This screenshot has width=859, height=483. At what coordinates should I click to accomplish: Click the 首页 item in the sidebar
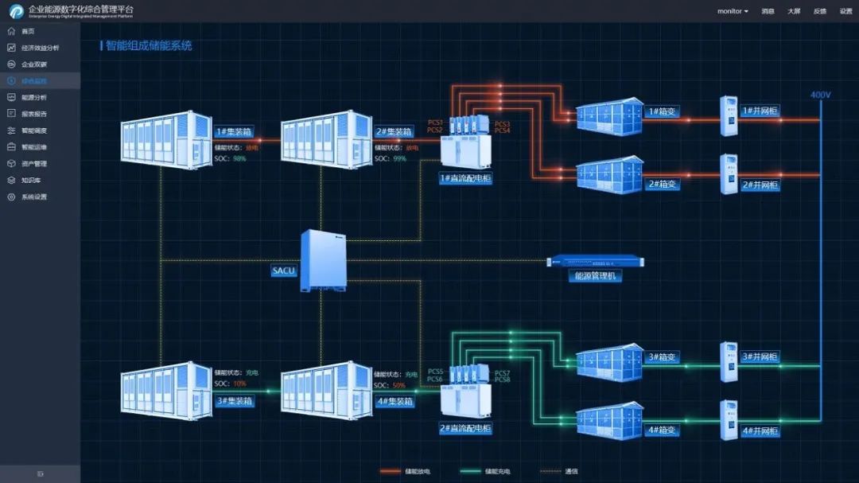coord(28,31)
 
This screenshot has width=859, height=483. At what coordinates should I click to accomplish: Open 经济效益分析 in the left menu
coord(40,48)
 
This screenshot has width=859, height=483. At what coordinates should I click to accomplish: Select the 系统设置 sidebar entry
coord(33,197)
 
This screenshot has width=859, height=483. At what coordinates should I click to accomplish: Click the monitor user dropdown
coord(733,11)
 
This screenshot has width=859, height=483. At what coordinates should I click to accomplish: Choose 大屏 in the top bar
coord(794,11)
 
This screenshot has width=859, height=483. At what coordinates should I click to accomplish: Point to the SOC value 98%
coord(239,159)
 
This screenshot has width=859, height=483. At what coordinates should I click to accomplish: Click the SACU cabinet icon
coord(323,260)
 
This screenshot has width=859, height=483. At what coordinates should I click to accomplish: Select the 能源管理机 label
coord(597,276)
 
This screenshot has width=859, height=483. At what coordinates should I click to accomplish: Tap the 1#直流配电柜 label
coord(466,179)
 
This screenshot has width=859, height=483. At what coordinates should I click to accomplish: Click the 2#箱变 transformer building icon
coord(609,174)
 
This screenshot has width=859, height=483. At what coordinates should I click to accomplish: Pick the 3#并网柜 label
coord(760,356)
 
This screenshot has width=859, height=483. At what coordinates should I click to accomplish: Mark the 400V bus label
coord(820,95)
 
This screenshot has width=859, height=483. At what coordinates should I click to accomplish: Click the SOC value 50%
coord(399,385)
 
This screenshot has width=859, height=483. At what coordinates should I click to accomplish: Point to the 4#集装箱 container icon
coord(326,388)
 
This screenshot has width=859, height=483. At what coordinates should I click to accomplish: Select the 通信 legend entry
coord(571,471)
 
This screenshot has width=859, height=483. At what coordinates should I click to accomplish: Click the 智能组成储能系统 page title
coord(149,46)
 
